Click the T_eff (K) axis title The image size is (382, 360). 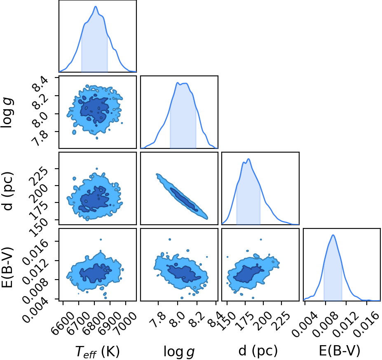[x=97, y=352]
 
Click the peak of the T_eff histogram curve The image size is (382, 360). [x=96, y=6]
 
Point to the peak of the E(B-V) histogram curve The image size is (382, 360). [x=333, y=235]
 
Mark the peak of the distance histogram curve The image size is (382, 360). [x=248, y=159]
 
